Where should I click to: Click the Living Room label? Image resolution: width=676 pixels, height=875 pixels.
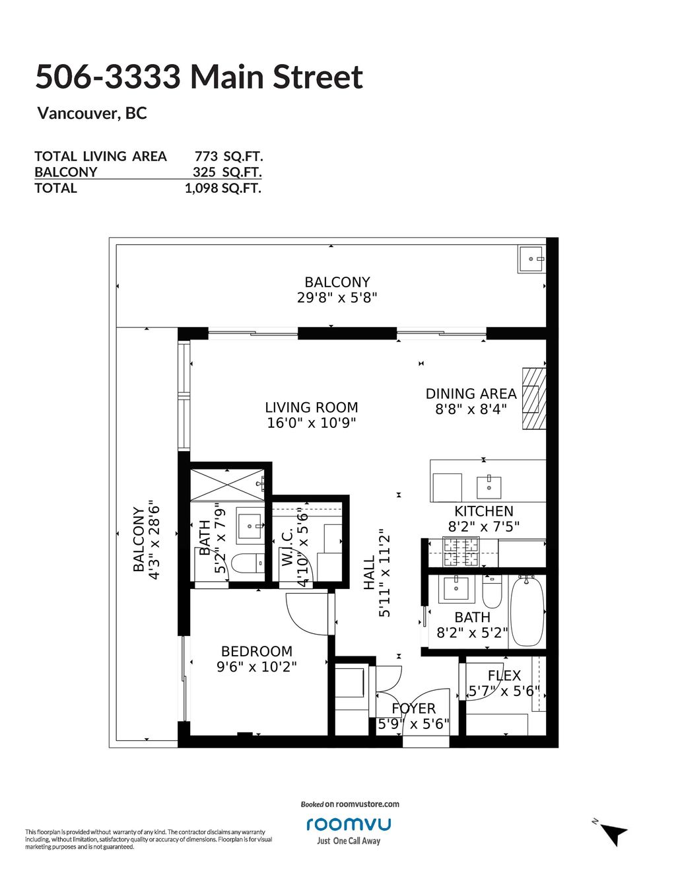click(311, 407)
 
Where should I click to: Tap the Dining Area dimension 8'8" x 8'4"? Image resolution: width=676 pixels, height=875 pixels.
click(471, 409)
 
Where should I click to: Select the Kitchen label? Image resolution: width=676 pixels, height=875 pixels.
click(484, 511)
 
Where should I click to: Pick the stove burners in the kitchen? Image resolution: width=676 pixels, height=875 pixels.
click(461, 551)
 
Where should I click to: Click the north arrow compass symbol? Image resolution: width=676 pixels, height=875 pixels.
click(614, 832)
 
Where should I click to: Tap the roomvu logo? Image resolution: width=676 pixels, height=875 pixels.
click(349, 823)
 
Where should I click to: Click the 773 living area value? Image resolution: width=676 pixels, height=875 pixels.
click(207, 156)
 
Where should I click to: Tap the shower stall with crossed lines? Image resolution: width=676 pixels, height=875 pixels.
click(227, 485)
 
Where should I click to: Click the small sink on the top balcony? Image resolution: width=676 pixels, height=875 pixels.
click(531, 259)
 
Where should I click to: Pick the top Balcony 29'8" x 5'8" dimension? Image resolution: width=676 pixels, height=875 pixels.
click(337, 298)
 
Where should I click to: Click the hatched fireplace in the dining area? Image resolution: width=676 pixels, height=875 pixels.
click(534, 399)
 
